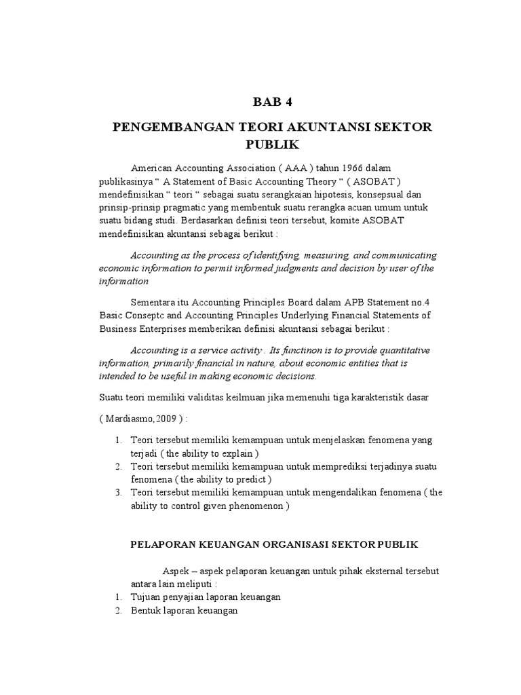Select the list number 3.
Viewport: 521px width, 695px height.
(x=117, y=493)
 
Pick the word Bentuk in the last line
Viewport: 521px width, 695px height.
(x=144, y=611)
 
